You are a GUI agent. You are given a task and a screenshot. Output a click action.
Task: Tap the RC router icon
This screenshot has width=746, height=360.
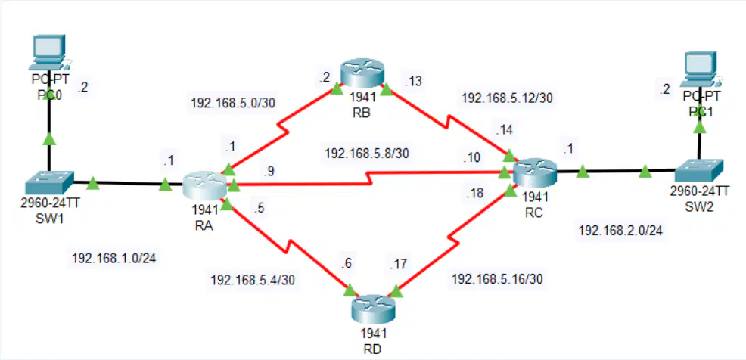(x=534, y=174)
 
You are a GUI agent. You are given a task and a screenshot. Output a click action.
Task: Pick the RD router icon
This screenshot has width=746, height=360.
(x=373, y=308)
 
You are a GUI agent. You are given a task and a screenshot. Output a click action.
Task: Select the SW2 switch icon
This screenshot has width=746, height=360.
(x=699, y=170)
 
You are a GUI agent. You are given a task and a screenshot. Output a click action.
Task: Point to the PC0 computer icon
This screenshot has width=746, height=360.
(x=49, y=53)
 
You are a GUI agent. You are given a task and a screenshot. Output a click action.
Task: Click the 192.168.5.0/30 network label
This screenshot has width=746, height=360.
(x=232, y=103)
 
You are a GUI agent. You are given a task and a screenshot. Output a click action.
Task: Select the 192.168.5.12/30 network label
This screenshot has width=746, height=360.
(x=507, y=98)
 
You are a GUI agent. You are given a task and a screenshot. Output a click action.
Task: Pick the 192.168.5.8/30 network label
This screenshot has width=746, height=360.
(x=366, y=154)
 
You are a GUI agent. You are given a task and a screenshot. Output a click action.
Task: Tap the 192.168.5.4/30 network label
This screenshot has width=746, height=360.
(x=253, y=280)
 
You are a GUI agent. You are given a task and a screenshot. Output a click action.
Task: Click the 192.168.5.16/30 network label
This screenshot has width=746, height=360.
(x=496, y=278)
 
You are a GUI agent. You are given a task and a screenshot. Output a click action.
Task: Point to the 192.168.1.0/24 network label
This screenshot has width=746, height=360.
(x=113, y=258)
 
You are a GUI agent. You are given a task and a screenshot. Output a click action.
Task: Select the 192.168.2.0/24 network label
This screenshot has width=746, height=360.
(x=620, y=231)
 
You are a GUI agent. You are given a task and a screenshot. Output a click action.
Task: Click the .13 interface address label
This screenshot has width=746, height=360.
(x=412, y=82)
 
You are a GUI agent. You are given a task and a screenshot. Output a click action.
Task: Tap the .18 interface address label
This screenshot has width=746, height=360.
(x=475, y=193)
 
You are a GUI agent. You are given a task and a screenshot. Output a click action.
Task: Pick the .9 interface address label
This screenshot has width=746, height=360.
(x=269, y=172)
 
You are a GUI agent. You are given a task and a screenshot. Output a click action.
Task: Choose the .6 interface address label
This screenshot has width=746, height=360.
(x=346, y=263)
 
